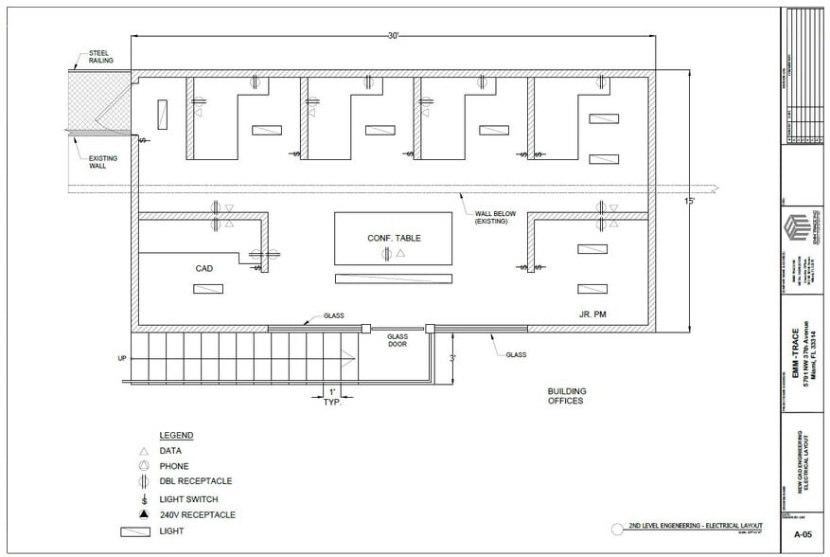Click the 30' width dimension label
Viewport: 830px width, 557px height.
point(393,35)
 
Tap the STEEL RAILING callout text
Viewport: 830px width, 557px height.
point(101,56)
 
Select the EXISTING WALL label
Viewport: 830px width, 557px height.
point(103,163)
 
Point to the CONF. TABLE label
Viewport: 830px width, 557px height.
point(394,238)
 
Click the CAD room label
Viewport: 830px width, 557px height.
point(203,268)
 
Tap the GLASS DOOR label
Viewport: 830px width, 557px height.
point(397,341)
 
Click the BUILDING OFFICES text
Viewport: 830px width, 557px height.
point(567,396)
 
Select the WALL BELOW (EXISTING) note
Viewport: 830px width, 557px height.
point(495,218)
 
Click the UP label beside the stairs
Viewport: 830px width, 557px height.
point(122,359)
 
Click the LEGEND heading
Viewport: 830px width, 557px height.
point(176,436)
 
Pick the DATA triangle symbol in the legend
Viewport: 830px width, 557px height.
point(143,451)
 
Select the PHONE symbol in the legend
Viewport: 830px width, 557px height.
point(143,466)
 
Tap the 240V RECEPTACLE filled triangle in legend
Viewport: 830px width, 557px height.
point(143,514)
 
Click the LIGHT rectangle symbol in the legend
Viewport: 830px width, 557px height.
point(137,531)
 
